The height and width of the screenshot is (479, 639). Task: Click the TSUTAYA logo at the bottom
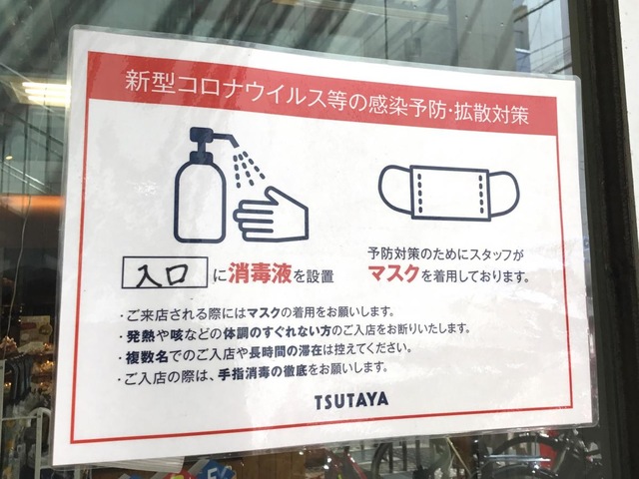[x=351, y=401]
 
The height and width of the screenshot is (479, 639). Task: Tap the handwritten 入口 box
[x=165, y=272]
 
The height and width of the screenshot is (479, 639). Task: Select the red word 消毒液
[x=260, y=272]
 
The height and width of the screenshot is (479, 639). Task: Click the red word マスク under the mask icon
[x=393, y=273]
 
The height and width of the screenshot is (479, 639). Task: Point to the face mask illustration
[x=448, y=193]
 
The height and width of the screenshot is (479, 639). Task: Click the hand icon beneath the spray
[x=271, y=216]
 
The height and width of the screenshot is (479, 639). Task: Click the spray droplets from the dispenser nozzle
[x=248, y=169]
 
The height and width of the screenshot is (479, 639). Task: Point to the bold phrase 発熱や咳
[x=153, y=335]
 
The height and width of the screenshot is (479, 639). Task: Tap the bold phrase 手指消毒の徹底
[x=263, y=373]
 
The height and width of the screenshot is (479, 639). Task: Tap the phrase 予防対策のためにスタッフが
[x=445, y=255]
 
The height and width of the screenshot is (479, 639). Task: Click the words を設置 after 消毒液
[x=314, y=277]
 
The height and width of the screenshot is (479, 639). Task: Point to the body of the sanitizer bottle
[x=200, y=200]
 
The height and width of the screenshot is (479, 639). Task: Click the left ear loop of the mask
[x=394, y=189]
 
